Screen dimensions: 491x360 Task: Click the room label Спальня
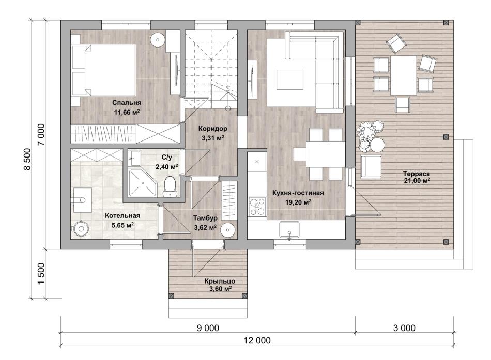[127, 103]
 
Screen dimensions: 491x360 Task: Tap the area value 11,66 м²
[127, 112]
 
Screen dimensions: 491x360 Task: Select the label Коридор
[212, 128]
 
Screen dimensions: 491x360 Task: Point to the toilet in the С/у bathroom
[170, 186]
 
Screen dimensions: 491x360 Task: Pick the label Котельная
[122, 216]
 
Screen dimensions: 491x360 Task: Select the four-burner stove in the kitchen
[257, 207]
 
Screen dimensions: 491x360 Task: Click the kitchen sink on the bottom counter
[289, 230]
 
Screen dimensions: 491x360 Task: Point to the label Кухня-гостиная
[298, 193]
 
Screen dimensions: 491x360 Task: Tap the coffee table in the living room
[289, 80]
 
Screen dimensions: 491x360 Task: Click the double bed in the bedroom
[103, 70]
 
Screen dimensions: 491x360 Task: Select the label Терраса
[416, 174]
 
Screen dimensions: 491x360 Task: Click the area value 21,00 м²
[417, 181]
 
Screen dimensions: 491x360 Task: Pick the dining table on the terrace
[403, 75]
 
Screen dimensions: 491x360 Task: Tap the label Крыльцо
[220, 281]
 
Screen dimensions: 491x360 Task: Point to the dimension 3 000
[404, 328]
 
